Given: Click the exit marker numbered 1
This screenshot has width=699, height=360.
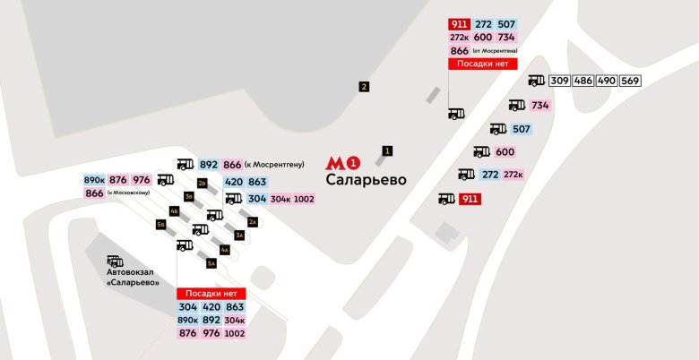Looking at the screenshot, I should (387, 150).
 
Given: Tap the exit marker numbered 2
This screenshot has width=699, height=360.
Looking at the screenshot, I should (364, 87).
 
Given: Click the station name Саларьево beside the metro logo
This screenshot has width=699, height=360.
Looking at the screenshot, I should (367, 180).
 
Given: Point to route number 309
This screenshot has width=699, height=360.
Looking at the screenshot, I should (560, 81).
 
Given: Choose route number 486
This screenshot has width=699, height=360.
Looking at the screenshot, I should (583, 81).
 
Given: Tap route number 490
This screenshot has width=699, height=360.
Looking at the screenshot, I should (607, 81).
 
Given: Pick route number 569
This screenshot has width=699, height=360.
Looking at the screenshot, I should (630, 81).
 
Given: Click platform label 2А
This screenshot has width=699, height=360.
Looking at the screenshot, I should (253, 222).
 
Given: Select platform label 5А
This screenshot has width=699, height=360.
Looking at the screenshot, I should (211, 263).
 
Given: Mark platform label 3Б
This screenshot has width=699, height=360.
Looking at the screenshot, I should (188, 196).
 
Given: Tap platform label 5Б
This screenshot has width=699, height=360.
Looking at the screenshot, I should (161, 224).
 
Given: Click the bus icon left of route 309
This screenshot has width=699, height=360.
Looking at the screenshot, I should (536, 81).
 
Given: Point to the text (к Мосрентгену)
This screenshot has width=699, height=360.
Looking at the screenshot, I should (275, 165).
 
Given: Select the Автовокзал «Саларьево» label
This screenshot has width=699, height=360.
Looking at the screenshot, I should (133, 277).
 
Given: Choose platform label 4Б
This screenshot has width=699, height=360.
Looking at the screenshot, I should (175, 210).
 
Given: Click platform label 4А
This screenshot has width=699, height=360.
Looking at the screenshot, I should (225, 250).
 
